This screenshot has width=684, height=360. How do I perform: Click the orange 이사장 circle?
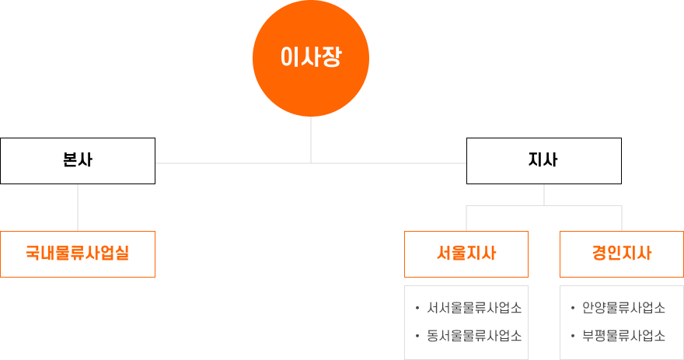311,58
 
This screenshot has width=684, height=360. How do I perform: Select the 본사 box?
78,161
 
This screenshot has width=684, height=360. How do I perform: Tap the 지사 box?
544,161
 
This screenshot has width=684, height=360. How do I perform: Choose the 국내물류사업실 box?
78,254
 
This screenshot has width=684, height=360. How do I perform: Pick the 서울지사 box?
466,254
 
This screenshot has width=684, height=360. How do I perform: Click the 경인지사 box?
622,254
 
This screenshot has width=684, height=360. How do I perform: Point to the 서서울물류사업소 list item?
474,308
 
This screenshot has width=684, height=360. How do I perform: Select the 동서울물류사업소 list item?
474,336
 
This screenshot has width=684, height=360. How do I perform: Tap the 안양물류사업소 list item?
624,308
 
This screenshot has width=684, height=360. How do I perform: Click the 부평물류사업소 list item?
624,336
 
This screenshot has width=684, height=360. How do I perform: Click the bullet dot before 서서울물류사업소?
417,309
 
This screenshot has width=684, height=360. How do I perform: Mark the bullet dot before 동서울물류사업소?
417,336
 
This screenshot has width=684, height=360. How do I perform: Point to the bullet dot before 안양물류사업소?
573,309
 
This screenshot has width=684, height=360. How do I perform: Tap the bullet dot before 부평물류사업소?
573,336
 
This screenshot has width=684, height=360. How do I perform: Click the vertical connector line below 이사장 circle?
311,140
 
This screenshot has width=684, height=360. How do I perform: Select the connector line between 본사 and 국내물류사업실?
78,208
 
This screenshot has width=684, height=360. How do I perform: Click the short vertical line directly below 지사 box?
544,194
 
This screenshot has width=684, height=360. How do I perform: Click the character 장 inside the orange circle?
332,58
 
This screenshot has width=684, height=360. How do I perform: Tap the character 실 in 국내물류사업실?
122,253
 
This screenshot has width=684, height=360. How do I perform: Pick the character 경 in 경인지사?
600,253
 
